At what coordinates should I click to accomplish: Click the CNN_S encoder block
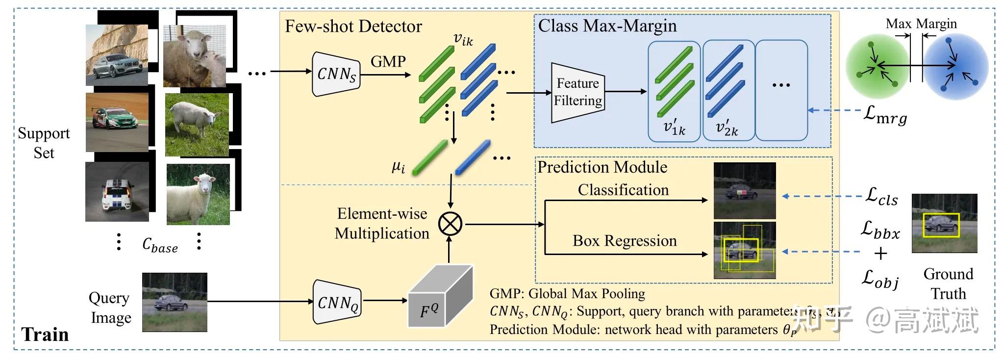[x=336, y=74]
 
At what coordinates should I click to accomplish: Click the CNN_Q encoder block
[x=337, y=302]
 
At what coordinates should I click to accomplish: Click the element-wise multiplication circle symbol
[x=450, y=224]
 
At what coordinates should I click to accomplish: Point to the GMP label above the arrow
[x=388, y=62]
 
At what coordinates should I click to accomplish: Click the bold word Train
[x=45, y=334]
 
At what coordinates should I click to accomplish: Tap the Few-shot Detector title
[x=353, y=26]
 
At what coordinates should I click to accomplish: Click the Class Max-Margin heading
[x=607, y=26]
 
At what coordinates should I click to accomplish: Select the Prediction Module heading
[x=602, y=167]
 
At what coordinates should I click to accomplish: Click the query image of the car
[x=175, y=302]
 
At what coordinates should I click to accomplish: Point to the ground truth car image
[x=944, y=223]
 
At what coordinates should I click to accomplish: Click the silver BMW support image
[x=117, y=55]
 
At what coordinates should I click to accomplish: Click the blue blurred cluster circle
[x=956, y=66]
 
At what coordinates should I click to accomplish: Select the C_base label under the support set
[x=160, y=245]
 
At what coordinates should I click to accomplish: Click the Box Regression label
[x=624, y=241]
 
